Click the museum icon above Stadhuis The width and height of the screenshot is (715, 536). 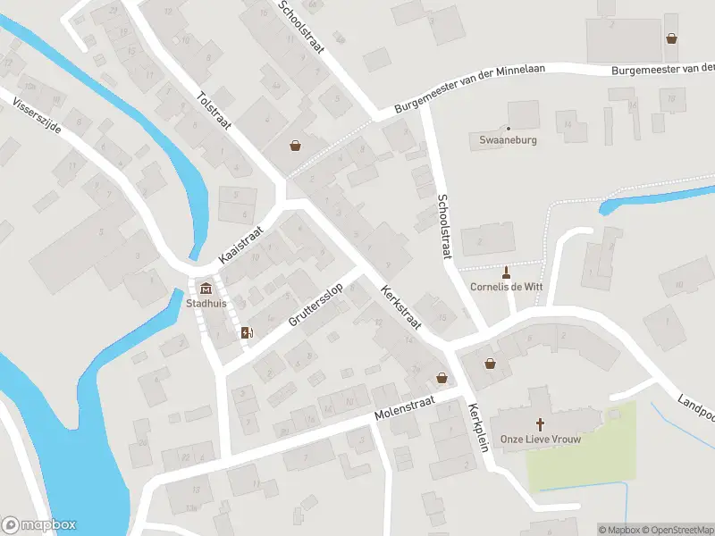206,288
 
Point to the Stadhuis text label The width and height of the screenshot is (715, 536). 206,303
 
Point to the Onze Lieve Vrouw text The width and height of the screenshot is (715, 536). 541,439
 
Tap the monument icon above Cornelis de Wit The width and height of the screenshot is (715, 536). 507,272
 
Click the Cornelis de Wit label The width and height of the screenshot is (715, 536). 507,287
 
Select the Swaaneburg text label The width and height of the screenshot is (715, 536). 507,140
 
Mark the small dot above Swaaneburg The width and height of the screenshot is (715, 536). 508,129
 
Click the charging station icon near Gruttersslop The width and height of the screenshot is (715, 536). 247,332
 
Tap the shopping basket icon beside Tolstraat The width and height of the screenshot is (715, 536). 295,146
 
